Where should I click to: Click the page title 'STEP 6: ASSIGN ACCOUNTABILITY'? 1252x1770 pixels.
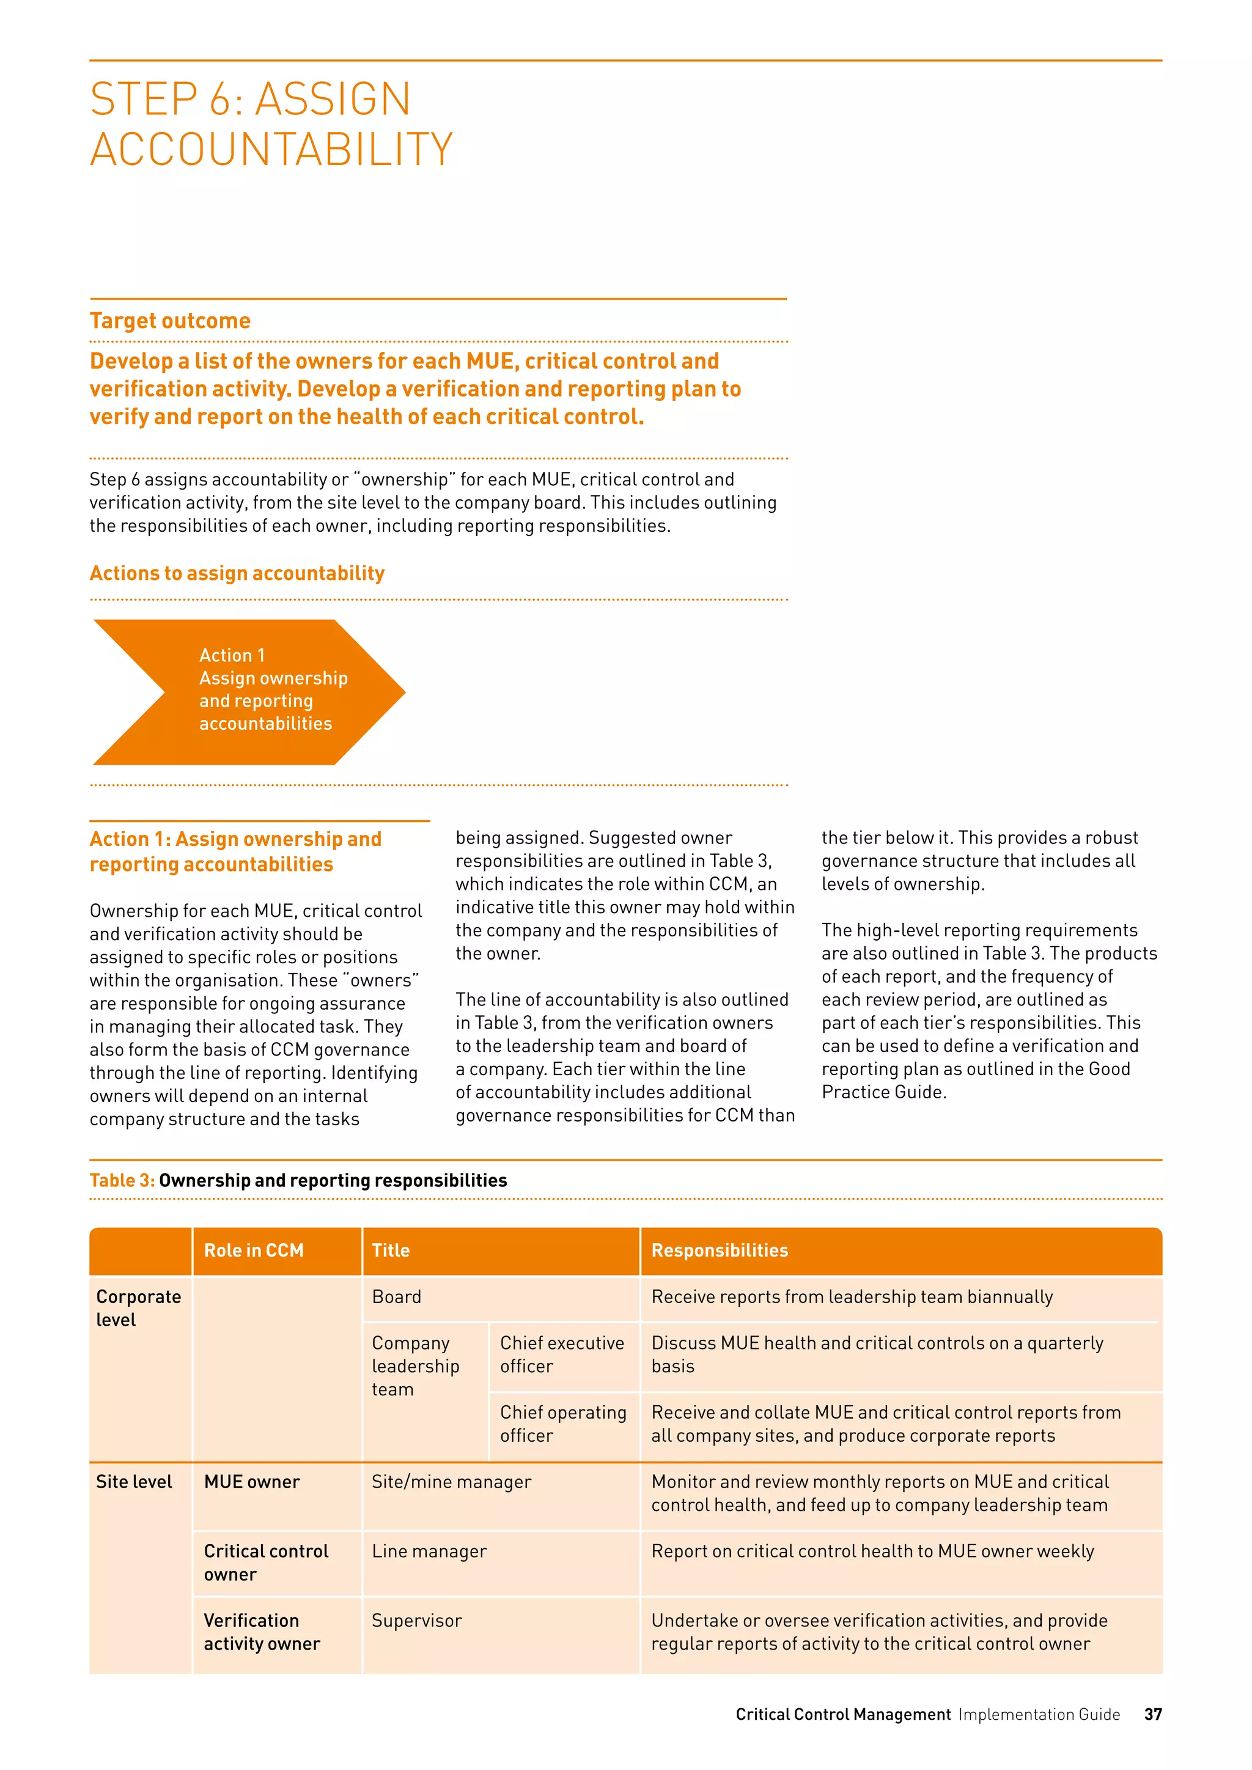(271, 123)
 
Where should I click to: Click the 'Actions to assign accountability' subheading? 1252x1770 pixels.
(237, 573)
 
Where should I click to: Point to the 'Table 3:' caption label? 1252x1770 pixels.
(122, 1180)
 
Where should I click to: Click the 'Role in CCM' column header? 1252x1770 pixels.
(254, 1250)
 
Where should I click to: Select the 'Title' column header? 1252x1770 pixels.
(391, 1250)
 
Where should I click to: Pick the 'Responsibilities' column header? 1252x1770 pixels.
(720, 1250)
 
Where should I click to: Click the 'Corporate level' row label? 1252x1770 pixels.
(138, 1308)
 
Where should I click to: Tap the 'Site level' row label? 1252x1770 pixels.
(134, 1482)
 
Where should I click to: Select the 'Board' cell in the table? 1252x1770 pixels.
(396, 1297)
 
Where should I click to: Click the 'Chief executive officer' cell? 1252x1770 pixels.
(562, 1354)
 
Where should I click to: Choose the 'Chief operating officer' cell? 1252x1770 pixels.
(563, 1424)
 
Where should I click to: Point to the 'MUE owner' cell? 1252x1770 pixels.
(251, 1482)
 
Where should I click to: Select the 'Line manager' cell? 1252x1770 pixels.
(429, 1551)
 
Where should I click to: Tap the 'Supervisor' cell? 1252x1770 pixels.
(416, 1620)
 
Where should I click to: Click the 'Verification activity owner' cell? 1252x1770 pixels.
(262, 1632)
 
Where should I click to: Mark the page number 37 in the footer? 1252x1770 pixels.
(1152, 1714)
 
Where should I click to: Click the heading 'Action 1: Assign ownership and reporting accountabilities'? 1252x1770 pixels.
(235, 851)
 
